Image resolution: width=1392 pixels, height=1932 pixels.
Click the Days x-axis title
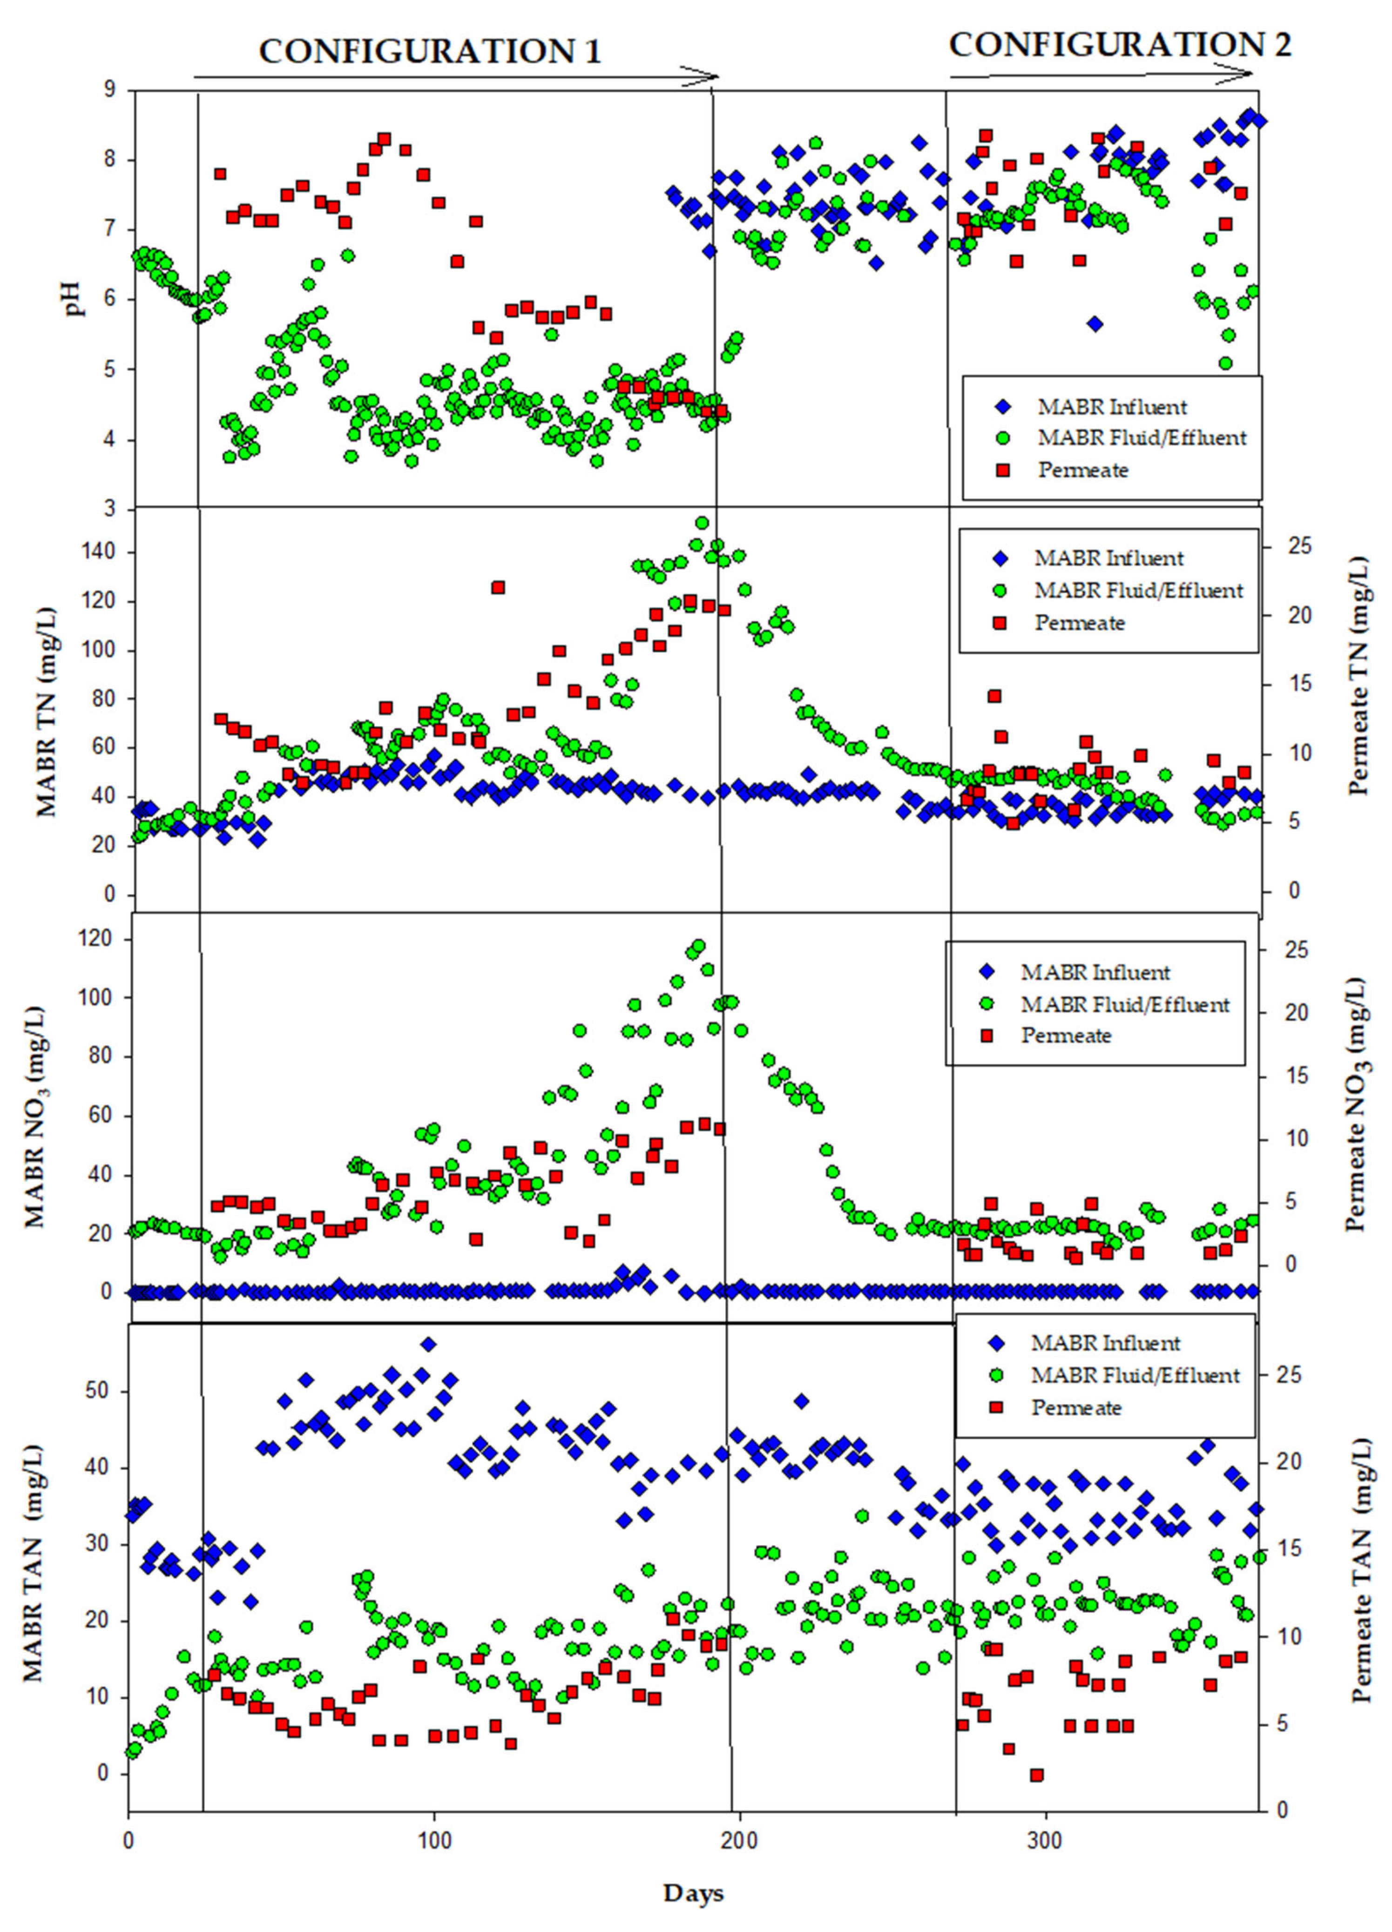tap(694, 1893)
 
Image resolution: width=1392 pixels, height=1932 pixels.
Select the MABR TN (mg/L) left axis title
tap(47, 711)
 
